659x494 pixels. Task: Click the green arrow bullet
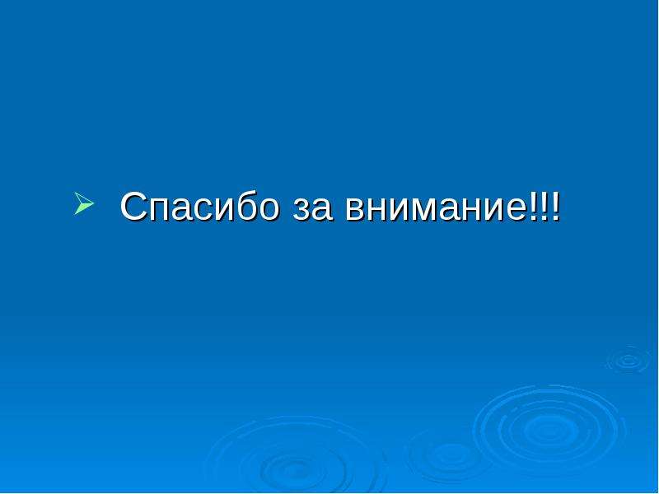coord(84,203)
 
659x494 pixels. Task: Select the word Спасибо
coord(199,206)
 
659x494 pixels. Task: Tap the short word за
coord(313,209)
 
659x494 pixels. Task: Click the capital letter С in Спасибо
coord(133,206)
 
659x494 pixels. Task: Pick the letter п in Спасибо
coord(159,209)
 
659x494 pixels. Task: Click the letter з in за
coord(301,209)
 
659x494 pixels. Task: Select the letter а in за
coord(322,209)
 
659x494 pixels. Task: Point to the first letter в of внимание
coord(356,209)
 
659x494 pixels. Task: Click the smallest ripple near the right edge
coord(629,360)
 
